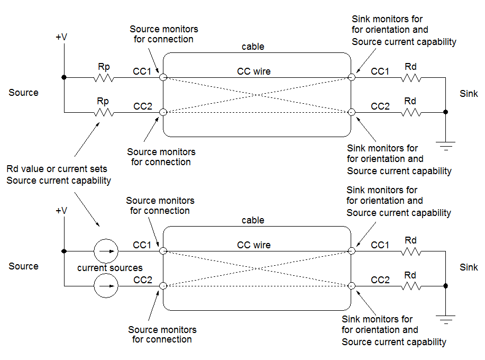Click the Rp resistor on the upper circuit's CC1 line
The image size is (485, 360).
[104, 78]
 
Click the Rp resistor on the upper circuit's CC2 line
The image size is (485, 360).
[104, 112]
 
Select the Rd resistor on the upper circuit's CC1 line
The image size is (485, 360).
[410, 78]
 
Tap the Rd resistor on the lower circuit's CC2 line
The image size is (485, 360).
[410, 286]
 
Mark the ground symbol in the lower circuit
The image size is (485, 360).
[446, 319]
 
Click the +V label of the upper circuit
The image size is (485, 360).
[61, 37]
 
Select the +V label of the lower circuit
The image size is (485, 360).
[61, 211]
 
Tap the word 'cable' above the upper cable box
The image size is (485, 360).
[253, 47]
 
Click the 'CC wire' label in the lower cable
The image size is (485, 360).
[254, 245]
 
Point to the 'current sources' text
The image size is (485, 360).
[110, 268]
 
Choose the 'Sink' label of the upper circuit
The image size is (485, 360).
[469, 94]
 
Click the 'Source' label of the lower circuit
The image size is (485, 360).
[24, 266]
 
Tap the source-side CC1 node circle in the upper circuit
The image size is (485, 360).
[163, 78]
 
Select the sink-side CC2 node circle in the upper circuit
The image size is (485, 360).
[351, 112]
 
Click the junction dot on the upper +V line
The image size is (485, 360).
[64, 78]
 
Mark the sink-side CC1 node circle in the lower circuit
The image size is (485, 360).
[351, 251]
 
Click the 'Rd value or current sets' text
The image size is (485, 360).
[57, 169]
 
